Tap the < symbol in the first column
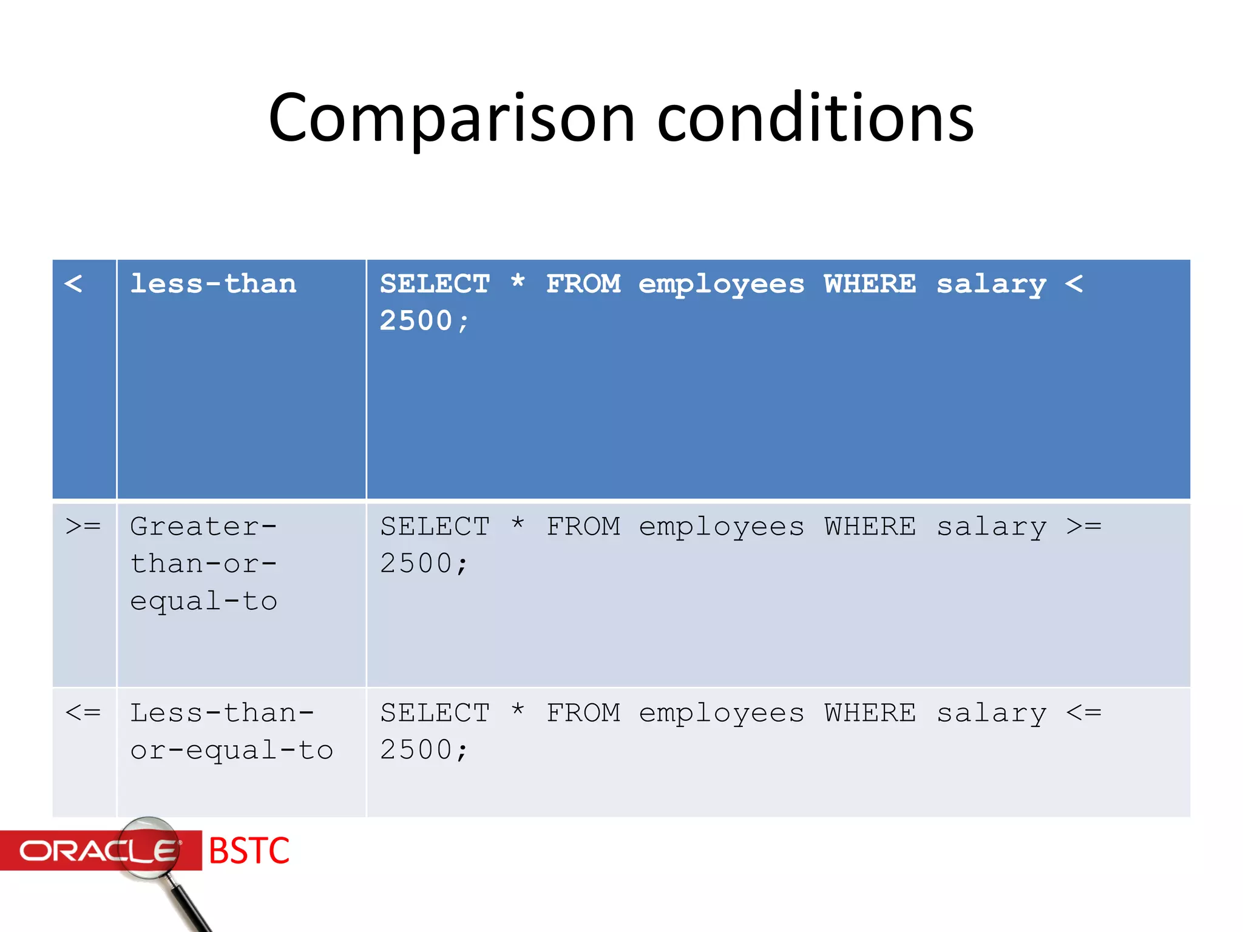click(x=73, y=283)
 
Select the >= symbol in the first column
click(x=83, y=525)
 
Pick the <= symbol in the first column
click(x=83, y=712)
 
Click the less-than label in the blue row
click(x=213, y=284)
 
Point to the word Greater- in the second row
click(x=203, y=527)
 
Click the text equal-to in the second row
click(x=203, y=601)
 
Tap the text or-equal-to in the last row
click(x=231, y=751)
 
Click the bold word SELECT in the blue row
click(x=435, y=284)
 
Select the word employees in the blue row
click(x=721, y=285)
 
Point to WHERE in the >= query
click(x=870, y=527)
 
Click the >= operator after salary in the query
click(x=1083, y=526)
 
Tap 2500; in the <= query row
click(x=424, y=751)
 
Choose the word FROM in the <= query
click(x=583, y=713)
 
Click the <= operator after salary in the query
click(x=1083, y=712)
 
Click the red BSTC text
click(x=249, y=851)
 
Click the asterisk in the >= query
click(x=518, y=524)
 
